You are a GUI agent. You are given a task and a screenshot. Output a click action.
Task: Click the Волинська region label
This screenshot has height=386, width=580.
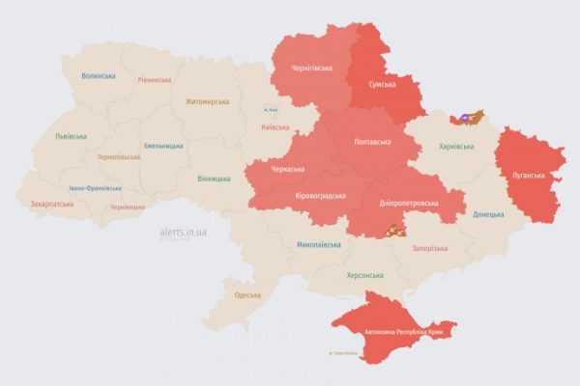click(99, 76)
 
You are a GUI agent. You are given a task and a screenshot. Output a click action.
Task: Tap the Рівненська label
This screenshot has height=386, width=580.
click(154, 80)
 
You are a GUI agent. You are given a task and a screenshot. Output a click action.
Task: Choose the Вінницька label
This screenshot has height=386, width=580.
click(214, 179)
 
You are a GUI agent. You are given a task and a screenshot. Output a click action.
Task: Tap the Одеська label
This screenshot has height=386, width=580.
click(247, 294)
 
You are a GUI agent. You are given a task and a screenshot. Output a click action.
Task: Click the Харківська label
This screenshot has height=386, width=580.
click(456, 147)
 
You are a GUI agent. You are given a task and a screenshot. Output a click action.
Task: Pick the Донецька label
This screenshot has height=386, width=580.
click(488, 213)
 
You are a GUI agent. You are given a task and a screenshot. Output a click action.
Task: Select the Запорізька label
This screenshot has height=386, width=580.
click(429, 248)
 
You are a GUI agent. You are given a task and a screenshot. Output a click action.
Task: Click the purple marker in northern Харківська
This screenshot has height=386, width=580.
click(464, 118)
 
